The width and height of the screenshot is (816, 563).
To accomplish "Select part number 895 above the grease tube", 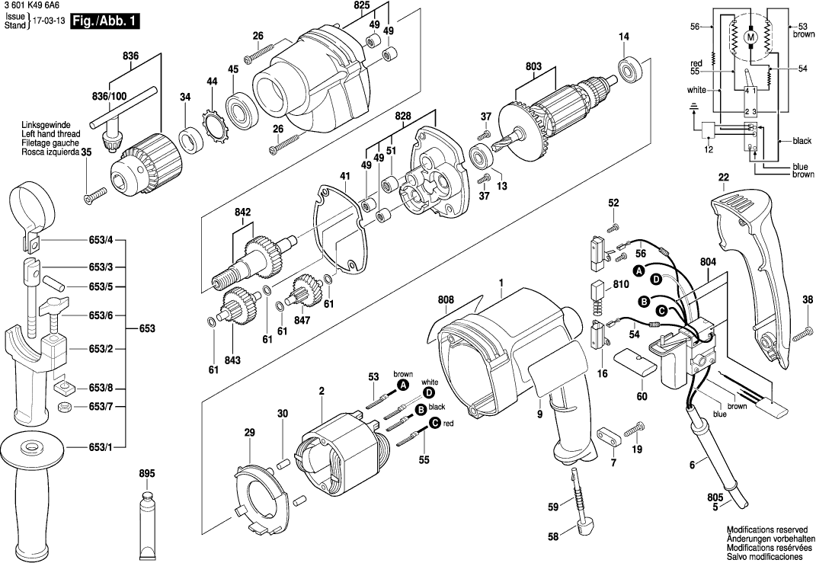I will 147,474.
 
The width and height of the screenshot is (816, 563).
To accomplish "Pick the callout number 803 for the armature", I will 533,67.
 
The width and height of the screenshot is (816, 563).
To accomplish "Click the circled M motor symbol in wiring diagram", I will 748,37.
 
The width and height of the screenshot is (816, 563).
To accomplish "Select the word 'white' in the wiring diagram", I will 697,89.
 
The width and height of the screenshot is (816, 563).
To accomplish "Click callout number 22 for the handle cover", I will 723,178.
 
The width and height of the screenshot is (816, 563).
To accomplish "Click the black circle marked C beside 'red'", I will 434,424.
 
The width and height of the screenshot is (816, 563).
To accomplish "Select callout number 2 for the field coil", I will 322,391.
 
